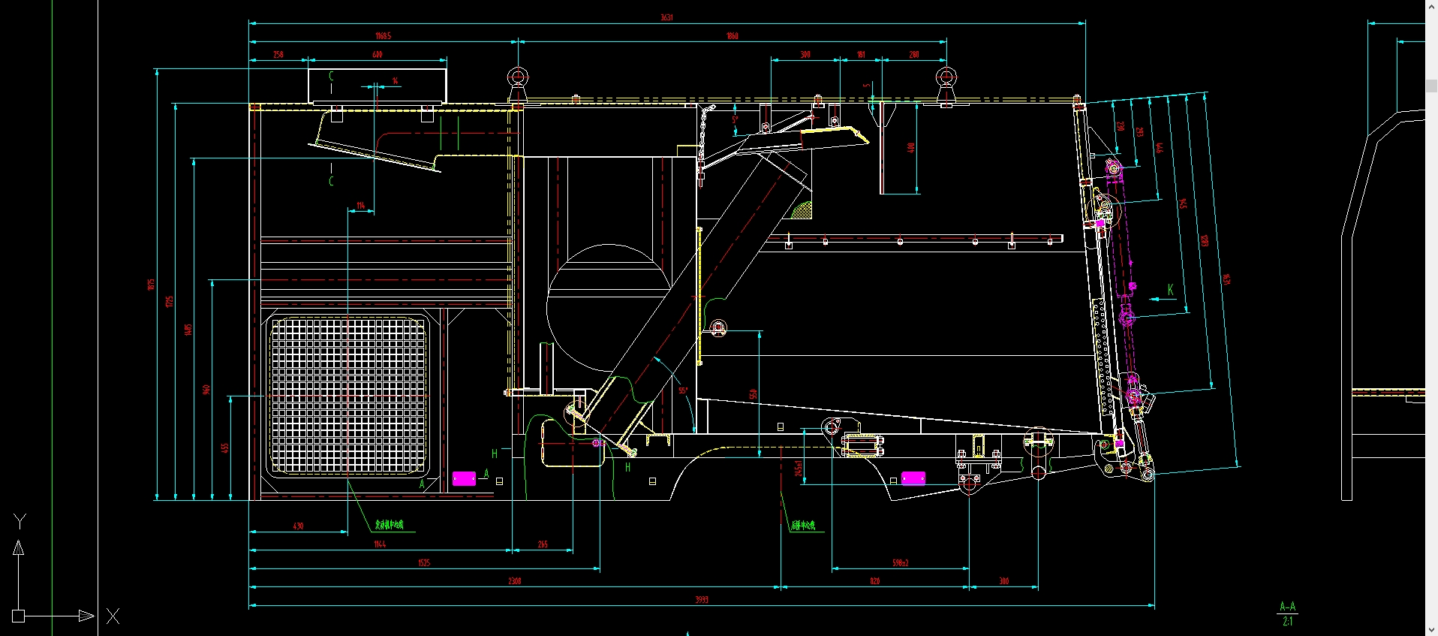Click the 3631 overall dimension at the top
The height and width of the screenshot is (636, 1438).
[666, 17]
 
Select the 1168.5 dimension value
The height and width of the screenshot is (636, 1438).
[383, 36]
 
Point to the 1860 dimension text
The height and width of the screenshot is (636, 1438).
[732, 36]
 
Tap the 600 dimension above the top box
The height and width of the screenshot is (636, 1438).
[377, 55]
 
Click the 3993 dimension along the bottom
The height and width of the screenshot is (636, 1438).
[701, 599]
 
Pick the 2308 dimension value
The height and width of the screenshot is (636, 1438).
[514, 581]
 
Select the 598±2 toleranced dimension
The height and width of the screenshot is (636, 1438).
[900, 562]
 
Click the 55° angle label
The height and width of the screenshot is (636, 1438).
[683, 390]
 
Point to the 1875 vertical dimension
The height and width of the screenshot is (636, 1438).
[151, 284]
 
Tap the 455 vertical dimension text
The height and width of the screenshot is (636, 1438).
[224, 448]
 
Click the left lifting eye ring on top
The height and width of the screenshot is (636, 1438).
[517, 77]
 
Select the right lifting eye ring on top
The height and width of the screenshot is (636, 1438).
[946, 77]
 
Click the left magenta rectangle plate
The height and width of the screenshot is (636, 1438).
[464, 478]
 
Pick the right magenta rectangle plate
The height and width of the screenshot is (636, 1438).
[913, 478]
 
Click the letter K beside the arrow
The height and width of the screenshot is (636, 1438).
[1170, 290]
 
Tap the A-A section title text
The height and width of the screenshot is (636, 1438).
[1287, 607]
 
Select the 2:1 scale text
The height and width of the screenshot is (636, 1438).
[1287, 621]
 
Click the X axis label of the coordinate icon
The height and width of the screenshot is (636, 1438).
[113, 616]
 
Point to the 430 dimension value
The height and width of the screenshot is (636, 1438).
[298, 526]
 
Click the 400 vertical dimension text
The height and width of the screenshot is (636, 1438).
[911, 148]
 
